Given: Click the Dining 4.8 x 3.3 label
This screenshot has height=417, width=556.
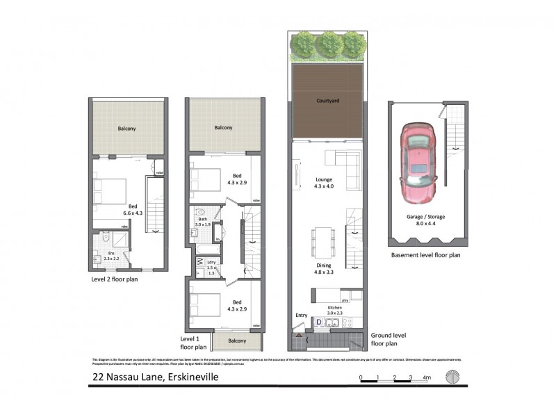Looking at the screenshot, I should [325, 269].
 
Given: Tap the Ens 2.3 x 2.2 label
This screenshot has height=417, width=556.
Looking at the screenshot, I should [111, 256].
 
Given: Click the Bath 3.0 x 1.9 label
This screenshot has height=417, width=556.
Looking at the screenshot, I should [203, 222].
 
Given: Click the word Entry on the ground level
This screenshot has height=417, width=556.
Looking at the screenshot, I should [301, 315].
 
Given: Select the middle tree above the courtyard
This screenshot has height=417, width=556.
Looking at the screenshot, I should [327, 44].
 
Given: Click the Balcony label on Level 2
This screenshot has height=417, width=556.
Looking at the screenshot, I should [126, 129].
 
